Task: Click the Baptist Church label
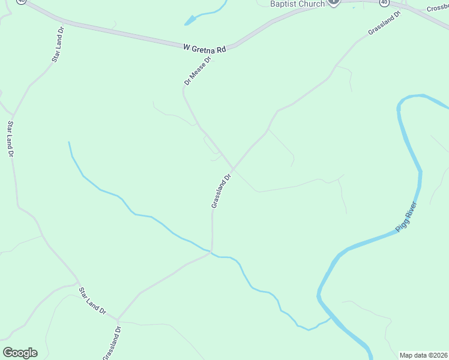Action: tap(297, 4)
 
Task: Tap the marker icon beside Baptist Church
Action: tap(335, 2)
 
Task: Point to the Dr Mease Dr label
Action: tap(199, 71)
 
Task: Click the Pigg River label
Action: tap(406, 217)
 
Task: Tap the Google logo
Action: tap(20, 353)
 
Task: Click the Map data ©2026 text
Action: tap(424, 355)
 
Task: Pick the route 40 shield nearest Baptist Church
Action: tap(384, 2)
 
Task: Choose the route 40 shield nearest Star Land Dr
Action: tap(21, 2)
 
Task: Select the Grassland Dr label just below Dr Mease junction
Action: tap(221, 191)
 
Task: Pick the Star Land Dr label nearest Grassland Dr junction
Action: tap(92, 301)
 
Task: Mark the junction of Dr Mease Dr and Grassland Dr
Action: tap(233, 168)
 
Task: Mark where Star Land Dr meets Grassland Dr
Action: tap(118, 319)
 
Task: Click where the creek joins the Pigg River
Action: tap(329, 320)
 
